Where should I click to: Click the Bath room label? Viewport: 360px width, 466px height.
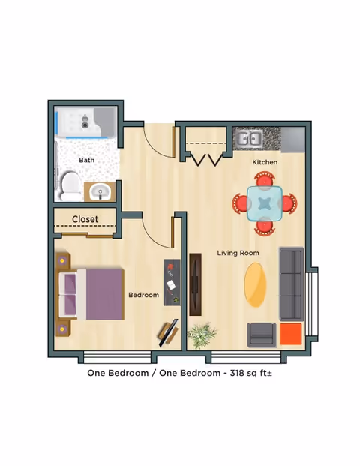[x=87, y=160]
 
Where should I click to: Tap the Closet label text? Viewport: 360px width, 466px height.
[x=85, y=219]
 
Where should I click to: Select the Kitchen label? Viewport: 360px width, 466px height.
[x=265, y=162]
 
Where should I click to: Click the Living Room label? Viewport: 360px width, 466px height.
[x=238, y=253]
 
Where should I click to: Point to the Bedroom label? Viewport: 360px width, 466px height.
[x=143, y=295]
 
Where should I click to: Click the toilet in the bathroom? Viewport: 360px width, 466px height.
[x=70, y=184]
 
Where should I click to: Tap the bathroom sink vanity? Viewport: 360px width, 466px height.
[x=99, y=193]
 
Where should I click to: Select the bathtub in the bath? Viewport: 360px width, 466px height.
[x=85, y=122]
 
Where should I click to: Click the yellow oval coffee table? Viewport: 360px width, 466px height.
[x=256, y=284]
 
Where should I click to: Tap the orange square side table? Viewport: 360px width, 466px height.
[x=290, y=333]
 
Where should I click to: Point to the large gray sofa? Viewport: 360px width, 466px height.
[x=291, y=284]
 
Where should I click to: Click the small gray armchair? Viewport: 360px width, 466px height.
[x=262, y=333]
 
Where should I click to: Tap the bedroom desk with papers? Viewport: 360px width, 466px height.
[x=172, y=281]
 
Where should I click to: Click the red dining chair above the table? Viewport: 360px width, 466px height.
[x=265, y=179]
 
